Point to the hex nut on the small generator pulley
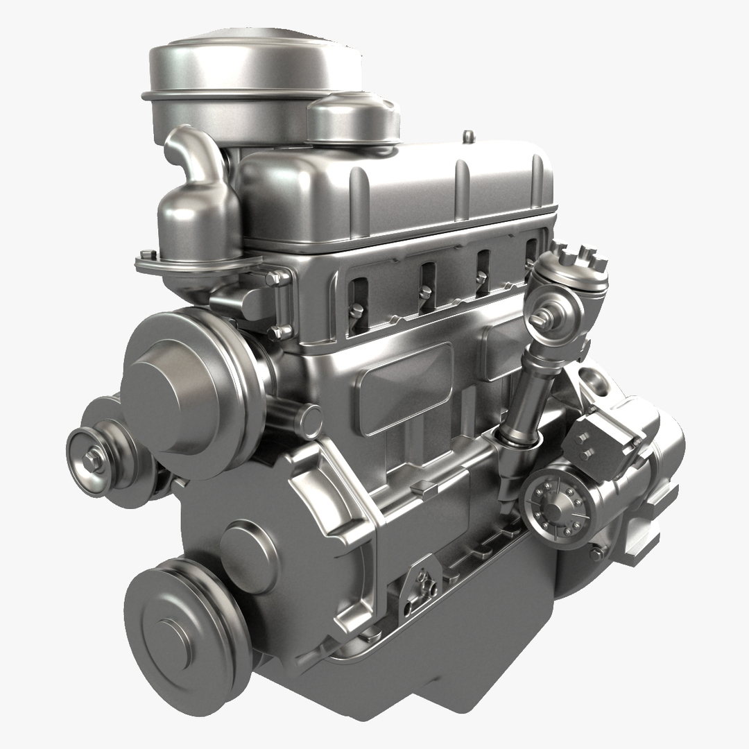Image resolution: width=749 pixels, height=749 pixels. (92, 458)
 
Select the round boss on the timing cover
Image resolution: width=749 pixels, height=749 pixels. (246, 548)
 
